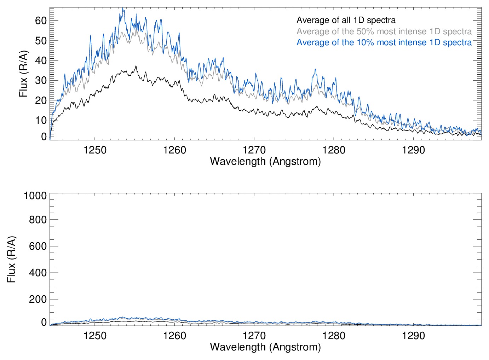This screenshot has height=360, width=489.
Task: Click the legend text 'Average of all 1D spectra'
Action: tap(346, 20)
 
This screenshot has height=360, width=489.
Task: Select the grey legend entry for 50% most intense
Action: tap(384, 31)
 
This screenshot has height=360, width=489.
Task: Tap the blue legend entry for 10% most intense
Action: tap(384, 42)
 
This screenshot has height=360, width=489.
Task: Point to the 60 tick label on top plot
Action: tap(41, 21)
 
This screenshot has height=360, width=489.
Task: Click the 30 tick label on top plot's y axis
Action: tap(41, 80)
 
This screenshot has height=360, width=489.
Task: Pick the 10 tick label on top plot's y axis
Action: tap(41, 120)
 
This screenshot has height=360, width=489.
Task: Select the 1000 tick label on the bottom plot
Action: tap(35, 196)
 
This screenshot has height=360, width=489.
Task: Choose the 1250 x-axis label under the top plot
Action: tap(95, 150)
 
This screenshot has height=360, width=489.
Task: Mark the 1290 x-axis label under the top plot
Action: tap(413, 150)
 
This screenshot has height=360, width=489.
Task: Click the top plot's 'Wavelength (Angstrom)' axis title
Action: tap(265, 161)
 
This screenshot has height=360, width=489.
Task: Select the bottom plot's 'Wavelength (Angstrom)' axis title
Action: tap(265, 347)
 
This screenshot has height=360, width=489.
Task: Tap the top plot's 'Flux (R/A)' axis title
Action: tap(23, 74)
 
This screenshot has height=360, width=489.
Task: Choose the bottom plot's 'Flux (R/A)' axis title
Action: tap(11, 259)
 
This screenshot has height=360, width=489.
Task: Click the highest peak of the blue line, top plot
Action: tap(123, 8)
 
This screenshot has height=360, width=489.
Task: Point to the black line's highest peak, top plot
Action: tap(136, 66)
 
